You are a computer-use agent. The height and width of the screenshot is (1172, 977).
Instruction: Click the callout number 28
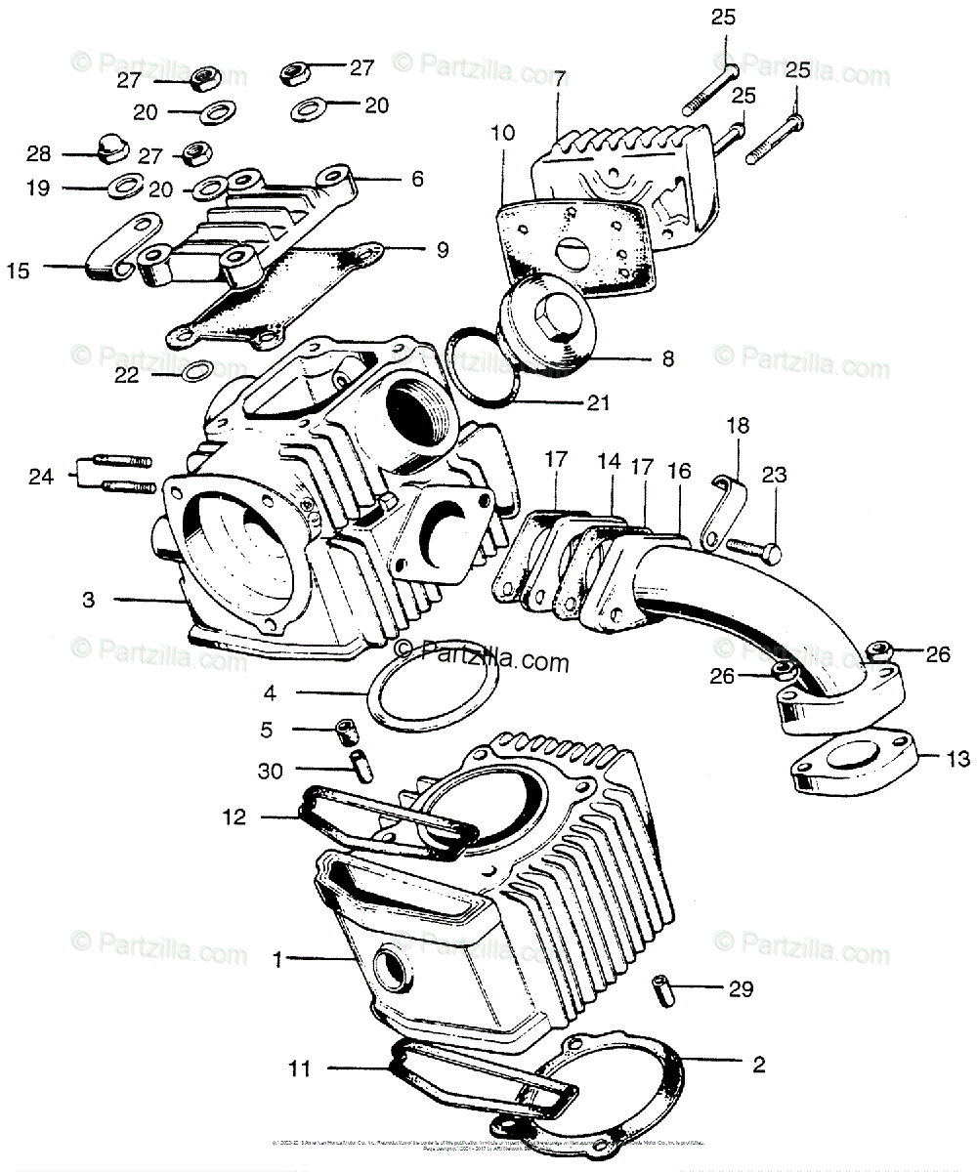pyautogui.click(x=38, y=154)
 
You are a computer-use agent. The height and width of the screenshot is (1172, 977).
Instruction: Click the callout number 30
pyautogui.click(x=271, y=771)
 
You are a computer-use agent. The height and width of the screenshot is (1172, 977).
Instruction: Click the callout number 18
pyautogui.click(x=736, y=426)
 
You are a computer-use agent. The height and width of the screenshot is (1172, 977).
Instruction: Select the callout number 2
pyautogui.click(x=757, y=1064)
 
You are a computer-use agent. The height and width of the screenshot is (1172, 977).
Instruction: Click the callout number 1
pyautogui.click(x=277, y=960)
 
